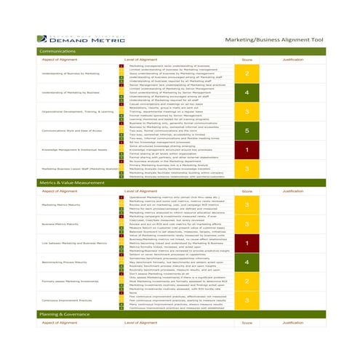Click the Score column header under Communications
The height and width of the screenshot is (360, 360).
click(247, 59)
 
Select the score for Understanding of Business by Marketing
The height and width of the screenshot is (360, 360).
click(247, 73)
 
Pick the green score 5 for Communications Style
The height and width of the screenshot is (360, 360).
click(247, 131)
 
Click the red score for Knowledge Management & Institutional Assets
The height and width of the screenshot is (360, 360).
click(247, 150)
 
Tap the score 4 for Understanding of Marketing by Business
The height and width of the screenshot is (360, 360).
click(247, 93)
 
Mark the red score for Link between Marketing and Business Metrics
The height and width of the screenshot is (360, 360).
click(247, 244)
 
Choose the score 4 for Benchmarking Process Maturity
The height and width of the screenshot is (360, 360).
click(247, 263)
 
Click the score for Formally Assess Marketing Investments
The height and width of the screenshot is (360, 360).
click(247, 281)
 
